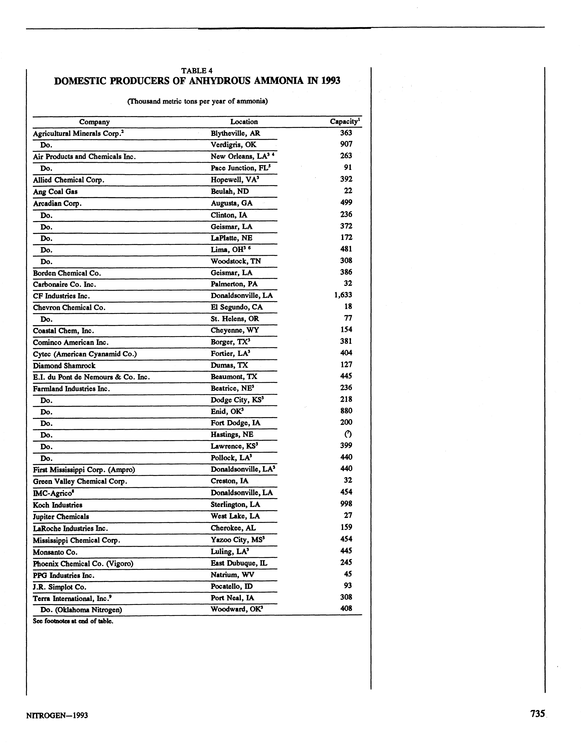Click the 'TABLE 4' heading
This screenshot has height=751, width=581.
[x=197, y=71]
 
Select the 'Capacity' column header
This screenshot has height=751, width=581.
[x=345, y=121]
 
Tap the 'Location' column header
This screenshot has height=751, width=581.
[x=244, y=122]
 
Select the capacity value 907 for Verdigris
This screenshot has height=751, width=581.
[x=346, y=144]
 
